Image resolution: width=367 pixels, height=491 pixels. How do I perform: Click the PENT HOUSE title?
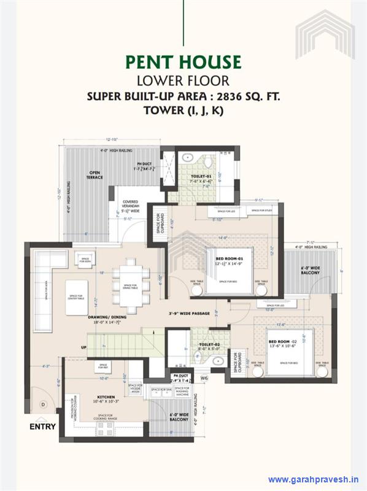coord(183,62)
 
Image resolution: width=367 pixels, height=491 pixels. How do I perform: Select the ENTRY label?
coord(42,426)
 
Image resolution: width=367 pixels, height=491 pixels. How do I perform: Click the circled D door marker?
coord(44,404)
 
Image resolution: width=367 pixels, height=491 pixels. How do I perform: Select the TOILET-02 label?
coord(209,345)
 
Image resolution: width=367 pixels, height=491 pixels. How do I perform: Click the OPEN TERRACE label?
coord(94,175)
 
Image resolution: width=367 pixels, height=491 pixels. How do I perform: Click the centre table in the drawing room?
coord(81,298)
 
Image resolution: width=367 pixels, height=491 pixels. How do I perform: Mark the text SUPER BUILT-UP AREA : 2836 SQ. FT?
coord(183,96)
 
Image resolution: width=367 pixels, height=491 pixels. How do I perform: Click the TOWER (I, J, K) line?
coord(183,110)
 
